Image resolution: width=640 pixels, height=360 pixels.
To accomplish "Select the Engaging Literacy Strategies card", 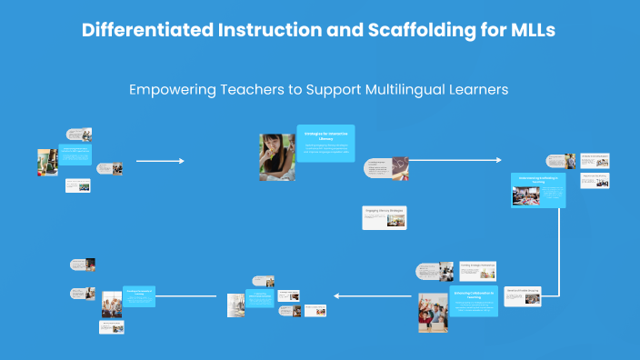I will click(384, 217).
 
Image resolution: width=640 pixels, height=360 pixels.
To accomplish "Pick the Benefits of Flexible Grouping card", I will click(522, 295).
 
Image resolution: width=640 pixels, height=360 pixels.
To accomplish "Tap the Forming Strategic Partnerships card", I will click(476, 270).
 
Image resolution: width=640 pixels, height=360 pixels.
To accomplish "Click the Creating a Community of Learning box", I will click(139, 296).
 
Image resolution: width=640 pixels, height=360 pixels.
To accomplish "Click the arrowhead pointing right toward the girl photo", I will click(181, 161).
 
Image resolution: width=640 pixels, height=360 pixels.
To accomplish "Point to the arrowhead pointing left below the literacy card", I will click(336, 295).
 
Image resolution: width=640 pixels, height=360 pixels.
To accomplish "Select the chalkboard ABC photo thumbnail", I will click(399, 166).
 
